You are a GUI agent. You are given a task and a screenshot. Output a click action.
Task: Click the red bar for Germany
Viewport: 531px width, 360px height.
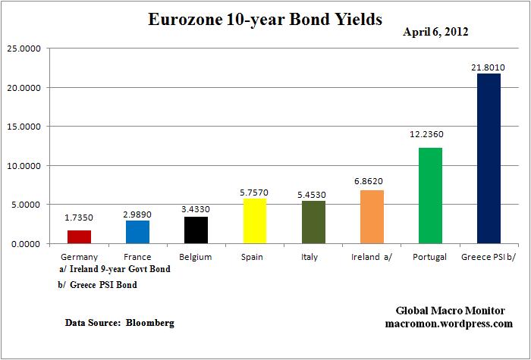79,236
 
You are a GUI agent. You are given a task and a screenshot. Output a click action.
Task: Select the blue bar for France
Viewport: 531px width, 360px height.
137,232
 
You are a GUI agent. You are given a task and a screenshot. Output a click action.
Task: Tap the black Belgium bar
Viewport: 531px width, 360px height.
196,230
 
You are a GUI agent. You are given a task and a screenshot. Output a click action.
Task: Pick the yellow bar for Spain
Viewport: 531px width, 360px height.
254,221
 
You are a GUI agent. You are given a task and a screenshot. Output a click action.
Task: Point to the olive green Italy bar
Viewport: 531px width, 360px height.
313,222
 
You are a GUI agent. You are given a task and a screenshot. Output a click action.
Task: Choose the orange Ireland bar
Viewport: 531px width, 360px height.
372,217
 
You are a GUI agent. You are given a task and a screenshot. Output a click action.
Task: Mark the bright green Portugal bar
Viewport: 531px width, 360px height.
430,196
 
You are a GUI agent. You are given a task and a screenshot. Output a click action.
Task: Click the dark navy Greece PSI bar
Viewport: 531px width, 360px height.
489,158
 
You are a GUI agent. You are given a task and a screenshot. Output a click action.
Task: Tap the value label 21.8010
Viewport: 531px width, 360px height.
489,67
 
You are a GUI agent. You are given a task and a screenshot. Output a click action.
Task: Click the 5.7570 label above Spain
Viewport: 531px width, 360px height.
254,192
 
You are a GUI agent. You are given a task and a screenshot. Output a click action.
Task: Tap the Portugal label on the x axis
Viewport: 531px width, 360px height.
430,257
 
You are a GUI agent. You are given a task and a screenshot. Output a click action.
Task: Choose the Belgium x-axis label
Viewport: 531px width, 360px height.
196,257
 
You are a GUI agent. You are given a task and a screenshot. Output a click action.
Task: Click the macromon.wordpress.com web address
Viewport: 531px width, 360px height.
454,324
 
